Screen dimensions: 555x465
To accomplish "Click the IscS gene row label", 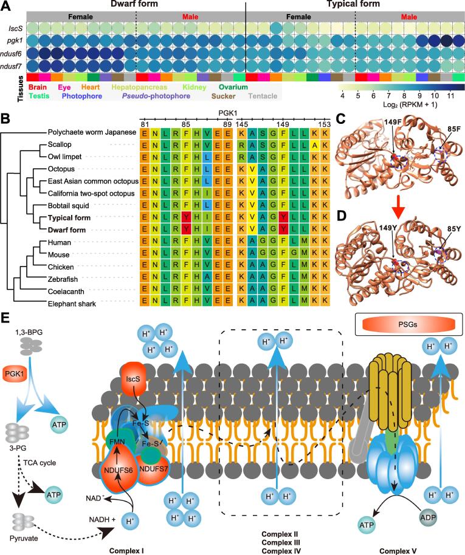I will [x=15, y=28].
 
